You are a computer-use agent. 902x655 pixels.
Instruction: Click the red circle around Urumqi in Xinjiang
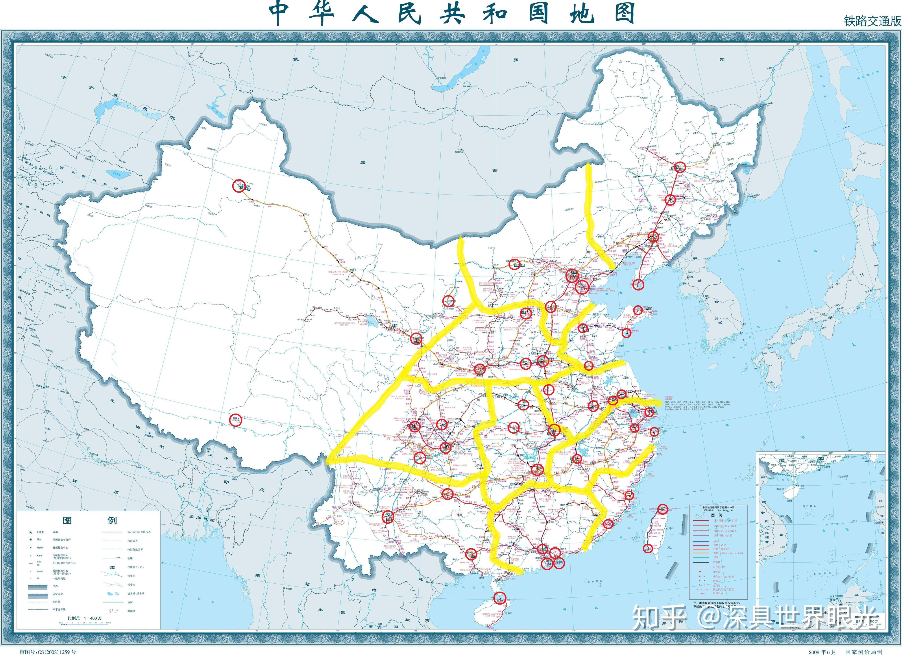pos(239,186)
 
